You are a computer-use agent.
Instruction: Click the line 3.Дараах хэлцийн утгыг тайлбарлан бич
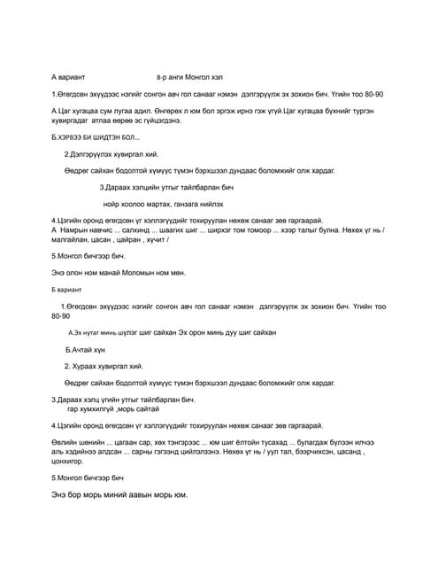coord(166,187)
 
